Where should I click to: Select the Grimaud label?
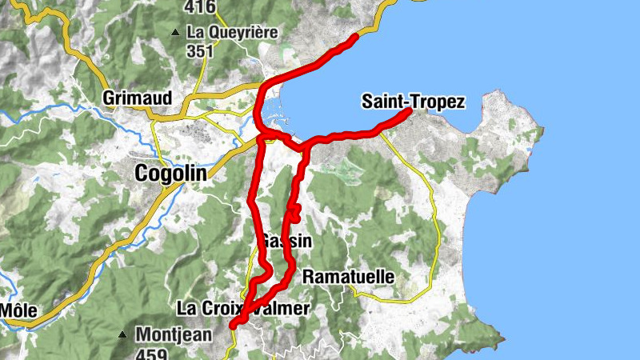pos(138,98)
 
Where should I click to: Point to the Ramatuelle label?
pos(349,276)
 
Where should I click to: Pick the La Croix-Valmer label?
pos(242,308)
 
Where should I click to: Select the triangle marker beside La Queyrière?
pos(175,33)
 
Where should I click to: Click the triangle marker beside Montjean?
pos(123,334)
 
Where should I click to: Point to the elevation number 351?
pos(200,51)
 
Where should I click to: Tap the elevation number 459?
pos(151,353)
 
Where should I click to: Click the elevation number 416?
pos(199,7)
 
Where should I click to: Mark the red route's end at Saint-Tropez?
pos(408,112)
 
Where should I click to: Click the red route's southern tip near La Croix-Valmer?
pos(233,325)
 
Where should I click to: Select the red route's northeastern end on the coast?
pos(355,38)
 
